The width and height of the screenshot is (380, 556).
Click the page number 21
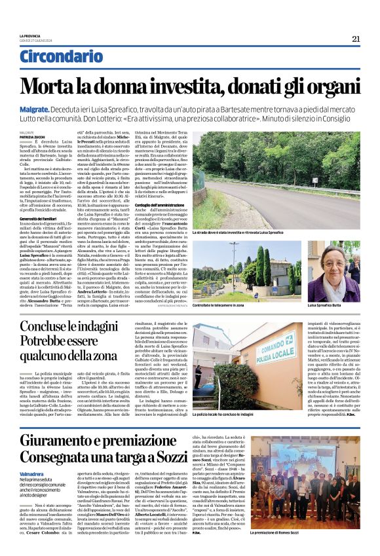point(356,39)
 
